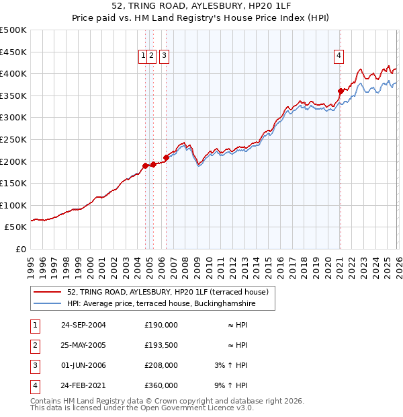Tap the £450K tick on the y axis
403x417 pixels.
click(13, 52)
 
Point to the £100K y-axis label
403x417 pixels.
click(13, 205)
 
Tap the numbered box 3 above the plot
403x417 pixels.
click(165, 56)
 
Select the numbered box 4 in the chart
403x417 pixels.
click(339, 56)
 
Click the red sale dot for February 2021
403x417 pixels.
click(341, 91)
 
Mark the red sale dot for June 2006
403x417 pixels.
click(166, 157)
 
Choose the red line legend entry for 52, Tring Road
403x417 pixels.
click(168, 292)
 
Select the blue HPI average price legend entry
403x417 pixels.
click(161, 304)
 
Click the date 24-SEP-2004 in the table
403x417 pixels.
click(83, 324)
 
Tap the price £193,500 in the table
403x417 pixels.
click(161, 345)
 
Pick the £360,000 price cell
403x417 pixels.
click(161, 386)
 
